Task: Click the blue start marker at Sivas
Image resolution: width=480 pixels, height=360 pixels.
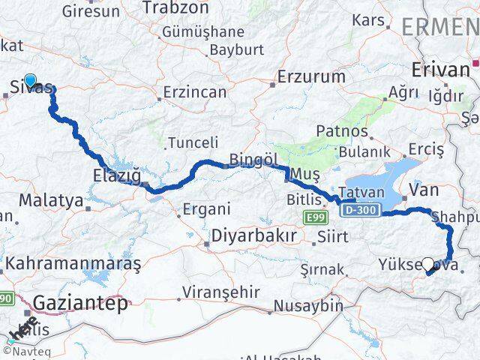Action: coord(30,80)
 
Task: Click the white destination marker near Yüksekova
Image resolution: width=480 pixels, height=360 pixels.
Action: coord(428,264)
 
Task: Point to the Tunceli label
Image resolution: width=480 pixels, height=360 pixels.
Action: coord(193,142)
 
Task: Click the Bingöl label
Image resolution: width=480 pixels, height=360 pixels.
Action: coord(253,160)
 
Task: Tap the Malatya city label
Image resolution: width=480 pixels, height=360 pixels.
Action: coord(50,200)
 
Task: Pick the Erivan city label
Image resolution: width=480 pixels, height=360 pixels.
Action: coord(441,70)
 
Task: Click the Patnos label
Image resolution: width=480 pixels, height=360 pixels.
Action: coord(342,131)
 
